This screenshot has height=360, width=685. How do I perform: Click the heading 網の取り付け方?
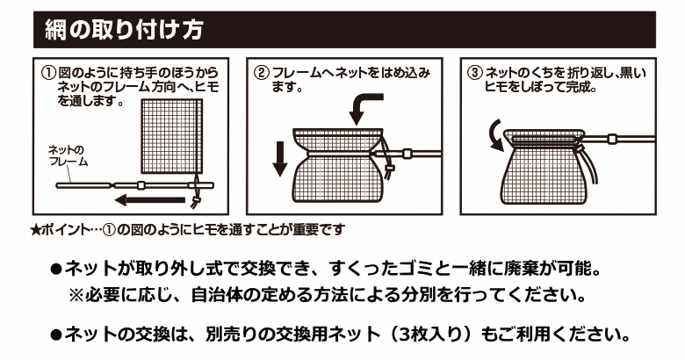tap(124, 30)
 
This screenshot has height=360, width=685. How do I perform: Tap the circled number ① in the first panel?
tap(48, 72)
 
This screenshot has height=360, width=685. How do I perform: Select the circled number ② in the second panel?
tap(262, 73)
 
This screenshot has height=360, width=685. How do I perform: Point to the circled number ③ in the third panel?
tap(475, 73)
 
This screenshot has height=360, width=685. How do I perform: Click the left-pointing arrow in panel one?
tap(149, 200)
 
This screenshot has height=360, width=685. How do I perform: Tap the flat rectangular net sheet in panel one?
tap(171, 136)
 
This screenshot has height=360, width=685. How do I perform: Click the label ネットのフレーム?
tap(68, 156)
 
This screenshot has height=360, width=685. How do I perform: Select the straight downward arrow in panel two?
tap(280, 159)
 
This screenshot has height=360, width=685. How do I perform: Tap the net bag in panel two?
tap(338, 165)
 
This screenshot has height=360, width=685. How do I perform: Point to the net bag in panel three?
tap(544, 167)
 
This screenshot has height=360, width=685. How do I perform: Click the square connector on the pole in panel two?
tap(407, 154)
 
